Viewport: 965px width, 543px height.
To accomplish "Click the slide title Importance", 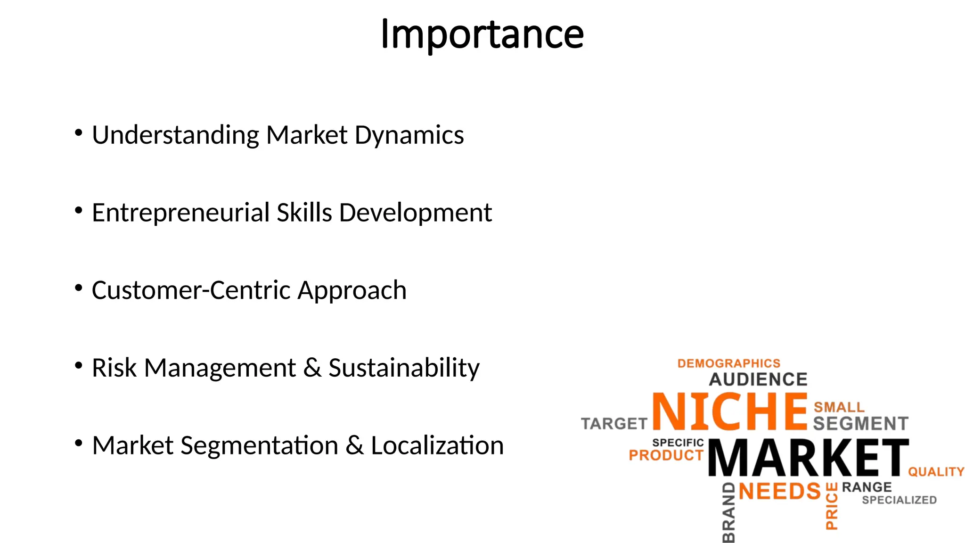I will pos(482,34).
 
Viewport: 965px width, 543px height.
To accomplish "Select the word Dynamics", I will pos(409,135).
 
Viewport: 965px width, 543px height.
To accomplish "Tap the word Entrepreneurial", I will pos(180,213).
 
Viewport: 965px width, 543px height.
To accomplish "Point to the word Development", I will pos(415,213).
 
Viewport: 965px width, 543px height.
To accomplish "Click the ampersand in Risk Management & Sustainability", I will pos(312,368).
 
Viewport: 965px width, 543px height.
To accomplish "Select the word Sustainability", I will pos(404,369).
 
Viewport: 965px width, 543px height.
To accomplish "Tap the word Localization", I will pos(437,445).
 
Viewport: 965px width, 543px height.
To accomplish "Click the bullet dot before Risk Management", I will pos(79,365).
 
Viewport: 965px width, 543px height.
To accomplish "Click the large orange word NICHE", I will pos(730,411).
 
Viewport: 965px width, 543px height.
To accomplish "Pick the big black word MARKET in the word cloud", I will pos(808,458).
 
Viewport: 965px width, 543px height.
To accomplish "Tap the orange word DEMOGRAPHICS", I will pos(729,363).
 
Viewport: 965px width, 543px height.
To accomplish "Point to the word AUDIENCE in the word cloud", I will pos(758,379).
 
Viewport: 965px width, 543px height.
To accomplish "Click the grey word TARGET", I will pos(614,424).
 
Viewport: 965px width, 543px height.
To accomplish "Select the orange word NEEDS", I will pos(780,491).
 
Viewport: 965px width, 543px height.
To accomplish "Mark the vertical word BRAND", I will pos(728,513).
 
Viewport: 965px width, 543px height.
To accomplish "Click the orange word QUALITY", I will pos(936,472).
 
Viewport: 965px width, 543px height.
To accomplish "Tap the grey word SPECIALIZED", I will pos(899,500).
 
